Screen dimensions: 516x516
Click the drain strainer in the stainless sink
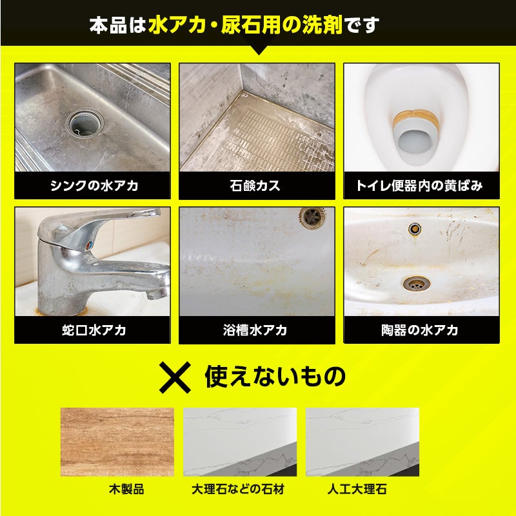click(x=85, y=123)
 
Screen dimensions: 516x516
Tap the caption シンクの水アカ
click(x=94, y=186)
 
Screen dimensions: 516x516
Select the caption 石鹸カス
click(x=255, y=186)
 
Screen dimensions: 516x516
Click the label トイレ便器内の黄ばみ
click(x=419, y=186)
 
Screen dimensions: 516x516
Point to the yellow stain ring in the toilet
click(x=416, y=119)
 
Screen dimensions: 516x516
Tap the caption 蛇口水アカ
click(x=94, y=330)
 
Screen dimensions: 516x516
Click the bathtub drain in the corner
click(x=312, y=217)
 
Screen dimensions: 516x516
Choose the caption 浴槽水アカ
click(x=255, y=330)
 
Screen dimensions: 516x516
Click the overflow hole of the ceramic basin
click(x=415, y=228)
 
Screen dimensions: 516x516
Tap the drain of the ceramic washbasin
click(x=416, y=283)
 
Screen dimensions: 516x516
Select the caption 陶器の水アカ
click(x=420, y=330)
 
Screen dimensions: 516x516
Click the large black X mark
click(x=175, y=377)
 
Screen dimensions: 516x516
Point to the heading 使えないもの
click(x=275, y=377)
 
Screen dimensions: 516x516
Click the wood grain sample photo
click(x=117, y=442)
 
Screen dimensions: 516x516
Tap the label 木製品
click(x=126, y=489)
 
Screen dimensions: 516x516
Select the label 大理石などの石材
click(x=238, y=489)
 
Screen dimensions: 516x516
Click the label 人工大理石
click(x=357, y=489)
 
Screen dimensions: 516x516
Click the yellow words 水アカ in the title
click(x=177, y=25)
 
